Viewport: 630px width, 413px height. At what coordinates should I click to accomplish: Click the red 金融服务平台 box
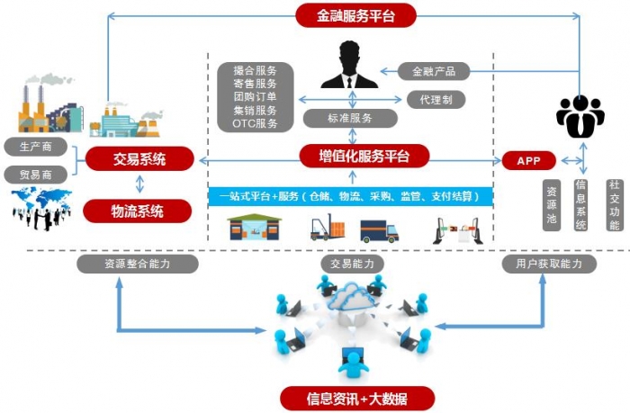pyautogui.click(x=355, y=15)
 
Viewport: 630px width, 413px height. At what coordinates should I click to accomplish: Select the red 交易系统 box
pyautogui.click(x=139, y=160)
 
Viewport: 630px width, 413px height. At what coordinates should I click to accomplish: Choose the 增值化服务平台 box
pyautogui.click(x=364, y=157)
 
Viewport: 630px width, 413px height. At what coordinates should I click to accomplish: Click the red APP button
pyautogui.click(x=529, y=160)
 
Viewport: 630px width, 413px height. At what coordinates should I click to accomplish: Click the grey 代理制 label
pyautogui.click(x=436, y=99)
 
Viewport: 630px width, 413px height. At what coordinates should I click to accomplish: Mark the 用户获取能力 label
pyautogui.click(x=549, y=264)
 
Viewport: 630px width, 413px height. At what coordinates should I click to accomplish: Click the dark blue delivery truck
pyautogui.click(x=379, y=230)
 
